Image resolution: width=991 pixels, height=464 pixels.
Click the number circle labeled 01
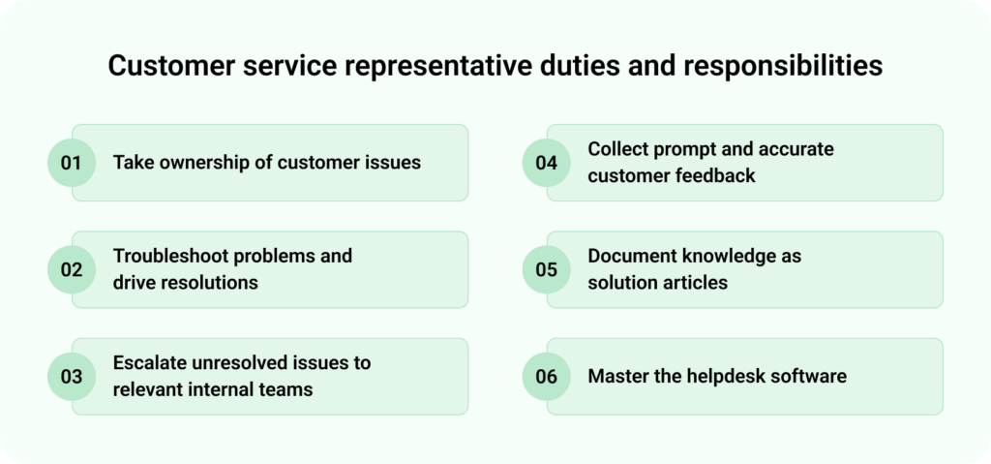coord(71,163)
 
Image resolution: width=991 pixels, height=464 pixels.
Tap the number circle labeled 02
coord(71,269)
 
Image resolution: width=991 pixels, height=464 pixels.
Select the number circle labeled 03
coord(71,377)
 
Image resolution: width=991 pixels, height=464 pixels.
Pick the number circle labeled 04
coord(546,163)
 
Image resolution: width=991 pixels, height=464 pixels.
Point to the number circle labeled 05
coord(546,269)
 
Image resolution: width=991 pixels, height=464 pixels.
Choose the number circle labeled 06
coord(546,377)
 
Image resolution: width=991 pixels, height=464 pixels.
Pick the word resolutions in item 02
coord(210,283)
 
